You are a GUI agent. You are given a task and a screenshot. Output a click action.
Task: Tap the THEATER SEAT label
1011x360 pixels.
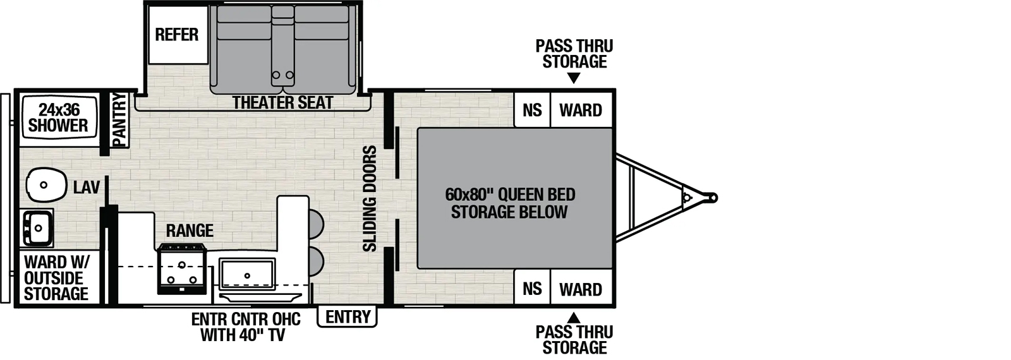[x=282, y=102]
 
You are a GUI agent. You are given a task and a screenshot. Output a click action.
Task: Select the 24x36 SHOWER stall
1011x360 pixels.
[x=58, y=118]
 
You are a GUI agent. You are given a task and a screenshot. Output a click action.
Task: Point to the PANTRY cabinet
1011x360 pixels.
[x=119, y=120]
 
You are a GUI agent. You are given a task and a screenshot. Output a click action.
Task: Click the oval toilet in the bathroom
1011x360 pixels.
[x=46, y=185]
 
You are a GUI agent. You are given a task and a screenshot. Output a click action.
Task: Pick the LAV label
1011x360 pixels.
[x=86, y=188]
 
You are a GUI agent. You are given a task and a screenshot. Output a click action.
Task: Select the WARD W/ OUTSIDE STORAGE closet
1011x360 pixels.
[x=57, y=279]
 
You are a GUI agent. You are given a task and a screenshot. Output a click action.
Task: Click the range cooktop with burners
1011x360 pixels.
[x=182, y=269]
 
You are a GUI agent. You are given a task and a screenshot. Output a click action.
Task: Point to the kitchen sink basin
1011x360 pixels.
[x=247, y=273]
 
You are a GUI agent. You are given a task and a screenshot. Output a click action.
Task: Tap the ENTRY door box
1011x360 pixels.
[x=348, y=316]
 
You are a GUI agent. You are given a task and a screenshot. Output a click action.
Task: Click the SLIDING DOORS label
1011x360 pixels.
[x=370, y=198]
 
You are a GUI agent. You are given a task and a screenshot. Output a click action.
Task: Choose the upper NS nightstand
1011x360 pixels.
[x=532, y=110]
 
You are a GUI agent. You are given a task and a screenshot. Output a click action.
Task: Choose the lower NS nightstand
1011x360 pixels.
[x=532, y=289]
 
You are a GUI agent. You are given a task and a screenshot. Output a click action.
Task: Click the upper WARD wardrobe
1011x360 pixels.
[x=581, y=110]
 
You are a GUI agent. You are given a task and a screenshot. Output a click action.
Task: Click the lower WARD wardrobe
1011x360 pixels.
[x=581, y=289]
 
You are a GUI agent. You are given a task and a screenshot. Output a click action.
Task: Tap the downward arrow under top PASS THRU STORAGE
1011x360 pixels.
[x=573, y=78]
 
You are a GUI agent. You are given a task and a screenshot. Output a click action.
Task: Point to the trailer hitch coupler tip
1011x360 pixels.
[x=713, y=198]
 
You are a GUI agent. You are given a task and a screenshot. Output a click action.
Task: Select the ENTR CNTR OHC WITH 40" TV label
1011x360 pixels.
[x=246, y=327]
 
